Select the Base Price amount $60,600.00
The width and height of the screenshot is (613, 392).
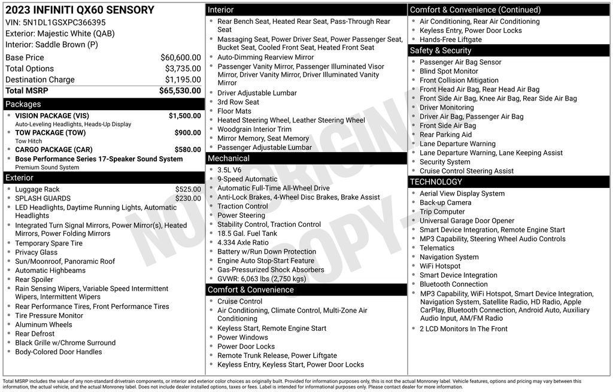pos(180,57)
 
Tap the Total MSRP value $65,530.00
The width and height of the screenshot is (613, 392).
pos(180,91)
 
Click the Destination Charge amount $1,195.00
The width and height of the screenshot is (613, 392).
pos(183,80)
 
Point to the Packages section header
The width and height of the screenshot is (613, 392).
pos(23,104)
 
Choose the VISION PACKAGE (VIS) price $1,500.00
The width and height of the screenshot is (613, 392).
pos(184,116)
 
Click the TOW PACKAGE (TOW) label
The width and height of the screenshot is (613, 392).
pos(50,133)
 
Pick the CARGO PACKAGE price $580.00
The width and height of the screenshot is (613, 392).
pos(187,150)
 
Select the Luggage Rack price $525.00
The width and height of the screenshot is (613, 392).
pos(188,190)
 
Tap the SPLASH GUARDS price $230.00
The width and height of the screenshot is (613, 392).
pos(188,199)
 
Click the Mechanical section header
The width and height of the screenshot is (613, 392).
pos(229,159)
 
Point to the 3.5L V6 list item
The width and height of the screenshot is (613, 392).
pos(229,170)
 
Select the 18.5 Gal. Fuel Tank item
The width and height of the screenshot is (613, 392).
pos(247,233)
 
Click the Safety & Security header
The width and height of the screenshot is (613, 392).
pos(441,51)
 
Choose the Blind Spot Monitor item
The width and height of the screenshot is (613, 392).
pos(448,71)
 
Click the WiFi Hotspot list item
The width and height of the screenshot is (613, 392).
pos(440,266)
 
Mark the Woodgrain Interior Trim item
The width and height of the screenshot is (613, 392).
pos(254,129)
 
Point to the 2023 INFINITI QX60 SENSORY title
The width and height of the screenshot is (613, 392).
pos(80,10)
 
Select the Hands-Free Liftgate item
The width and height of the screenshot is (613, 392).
pos(450,39)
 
